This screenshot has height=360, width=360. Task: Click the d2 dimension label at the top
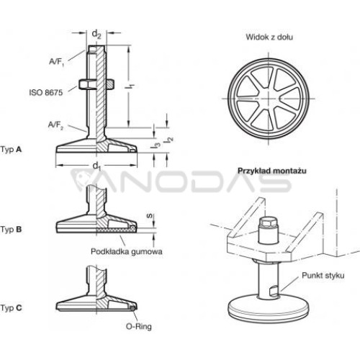(96, 35)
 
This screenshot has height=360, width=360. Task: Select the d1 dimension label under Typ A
(96, 166)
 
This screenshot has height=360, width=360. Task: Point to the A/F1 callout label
(57, 62)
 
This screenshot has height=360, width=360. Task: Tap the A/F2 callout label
(56, 125)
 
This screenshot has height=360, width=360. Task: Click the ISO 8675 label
(46, 92)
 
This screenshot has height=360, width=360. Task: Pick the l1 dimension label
(130, 86)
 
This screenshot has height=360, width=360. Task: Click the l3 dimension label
(156, 144)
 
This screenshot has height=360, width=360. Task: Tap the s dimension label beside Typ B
(150, 216)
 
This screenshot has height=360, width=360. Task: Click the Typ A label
(11, 150)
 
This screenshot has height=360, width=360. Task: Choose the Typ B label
(11, 230)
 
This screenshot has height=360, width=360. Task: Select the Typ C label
(11, 307)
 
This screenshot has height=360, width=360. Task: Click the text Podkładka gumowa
(127, 251)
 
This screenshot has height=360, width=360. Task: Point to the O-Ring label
(139, 326)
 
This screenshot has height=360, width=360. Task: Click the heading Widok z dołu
(269, 37)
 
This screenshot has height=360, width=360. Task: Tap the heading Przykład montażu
(272, 171)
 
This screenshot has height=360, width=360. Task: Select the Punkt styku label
(323, 275)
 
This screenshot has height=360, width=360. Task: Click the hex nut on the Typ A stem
(96, 84)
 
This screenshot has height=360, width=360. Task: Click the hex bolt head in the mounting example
(269, 222)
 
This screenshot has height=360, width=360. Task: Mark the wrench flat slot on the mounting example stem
(274, 290)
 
